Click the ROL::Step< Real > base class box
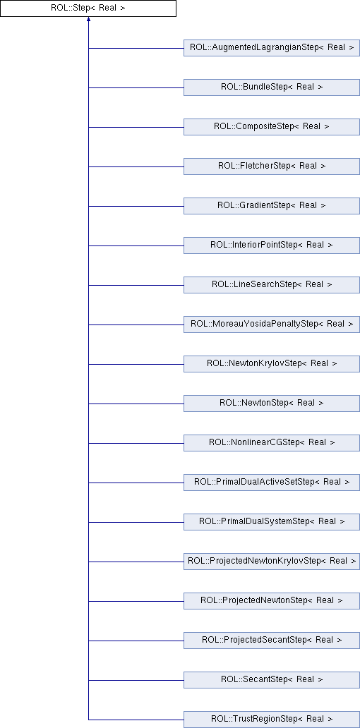[x=88, y=8]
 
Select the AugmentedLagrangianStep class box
[x=272, y=48]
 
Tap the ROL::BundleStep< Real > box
[x=272, y=87]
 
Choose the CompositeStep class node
[x=272, y=127]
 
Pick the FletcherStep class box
[x=272, y=166]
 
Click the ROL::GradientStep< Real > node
[x=272, y=206]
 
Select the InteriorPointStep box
[x=272, y=245]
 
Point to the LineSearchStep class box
[x=272, y=284]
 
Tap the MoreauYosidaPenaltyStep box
[x=272, y=324]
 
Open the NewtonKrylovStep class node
[x=272, y=363]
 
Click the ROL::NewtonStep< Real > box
[x=272, y=403]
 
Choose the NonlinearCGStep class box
[x=272, y=442]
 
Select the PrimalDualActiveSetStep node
[x=272, y=482]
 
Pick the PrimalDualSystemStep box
[x=272, y=521]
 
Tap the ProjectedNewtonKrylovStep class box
[x=272, y=561]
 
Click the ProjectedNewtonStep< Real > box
[x=272, y=600]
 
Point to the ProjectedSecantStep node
[x=272, y=640]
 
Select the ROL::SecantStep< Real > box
[x=272, y=679]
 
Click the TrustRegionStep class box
[x=272, y=719]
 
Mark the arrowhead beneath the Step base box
[x=88, y=20]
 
